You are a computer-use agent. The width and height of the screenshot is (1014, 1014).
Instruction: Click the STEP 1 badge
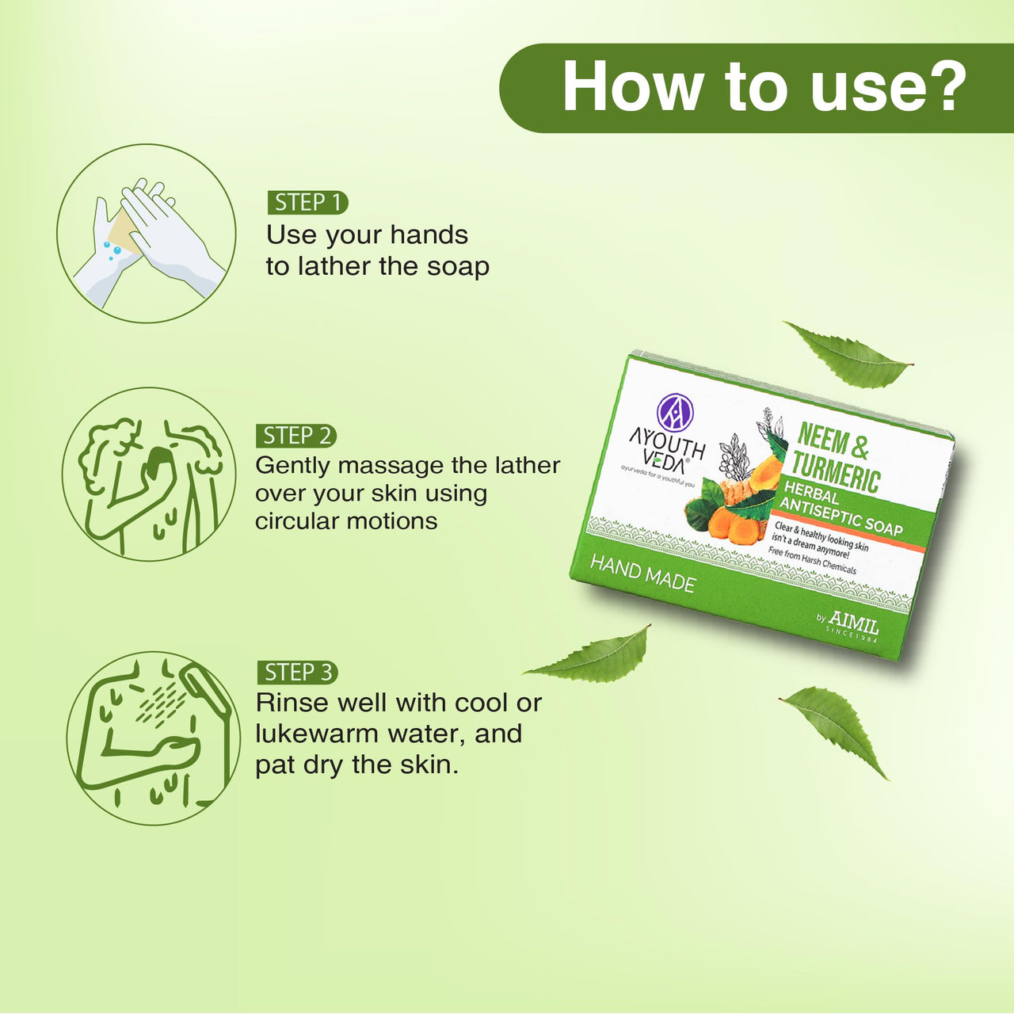(x=308, y=203)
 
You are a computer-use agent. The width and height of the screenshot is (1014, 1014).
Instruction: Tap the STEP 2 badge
(x=296, y=436)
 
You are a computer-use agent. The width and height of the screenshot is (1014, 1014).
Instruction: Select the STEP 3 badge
(x=297, y=673)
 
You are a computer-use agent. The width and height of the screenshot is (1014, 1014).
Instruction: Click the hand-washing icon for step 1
(x=147, y=234)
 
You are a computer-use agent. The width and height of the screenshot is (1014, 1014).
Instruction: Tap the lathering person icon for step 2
(x=149, y=474)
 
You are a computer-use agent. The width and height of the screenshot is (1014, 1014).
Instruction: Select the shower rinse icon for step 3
(x=153, y=738)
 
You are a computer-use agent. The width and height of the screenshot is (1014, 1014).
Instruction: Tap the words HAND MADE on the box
(x=643, y=574)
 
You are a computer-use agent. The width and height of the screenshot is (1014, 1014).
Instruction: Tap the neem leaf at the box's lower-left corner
(x=588, y=655)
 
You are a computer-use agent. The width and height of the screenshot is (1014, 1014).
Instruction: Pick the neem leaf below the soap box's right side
(x=834, y=731)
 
